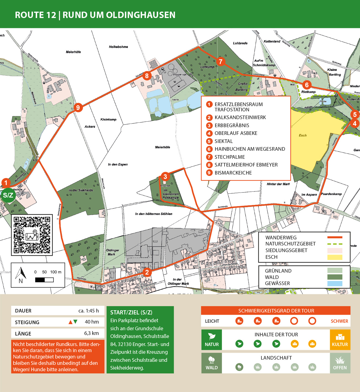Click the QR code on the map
(x=32, y=235)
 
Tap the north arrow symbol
(x=21, y=274)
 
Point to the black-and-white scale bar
(x=44, y=280)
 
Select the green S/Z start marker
(x=8, y=195)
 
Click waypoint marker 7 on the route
(x=220, y=62)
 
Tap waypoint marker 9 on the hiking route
(x=78, y=107)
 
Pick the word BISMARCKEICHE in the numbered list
(x=233, y=173)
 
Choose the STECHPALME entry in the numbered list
(x=230, y=157)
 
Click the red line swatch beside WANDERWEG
(x=335, y=237)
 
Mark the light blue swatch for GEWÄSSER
(x=335, y=283)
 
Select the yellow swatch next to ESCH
(x=335, y=257)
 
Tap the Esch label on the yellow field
(x=303, y=135)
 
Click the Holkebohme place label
(x=118, y=47)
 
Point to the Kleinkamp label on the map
(x=108, y=119)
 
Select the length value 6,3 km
(x=91, y=333)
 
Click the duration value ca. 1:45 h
(x=88, y=311)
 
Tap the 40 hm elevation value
(x=92, y=322)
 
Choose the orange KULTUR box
(x=340, y=340)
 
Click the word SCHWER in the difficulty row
(x=339, y=321)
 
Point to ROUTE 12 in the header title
(x=35, y=15)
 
